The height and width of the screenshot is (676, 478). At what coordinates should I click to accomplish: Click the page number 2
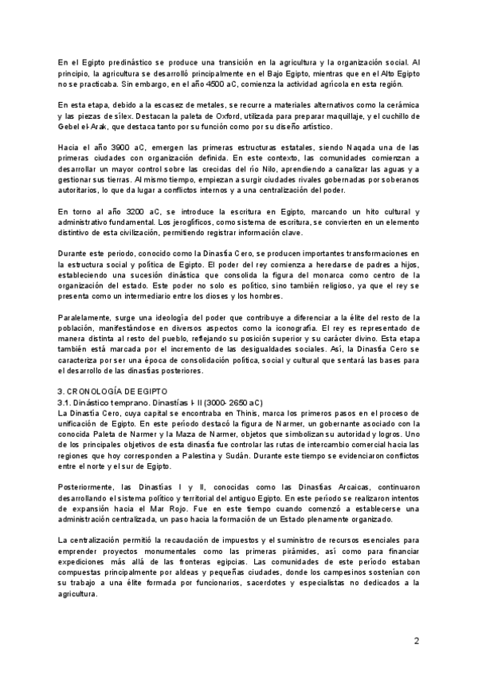416,641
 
